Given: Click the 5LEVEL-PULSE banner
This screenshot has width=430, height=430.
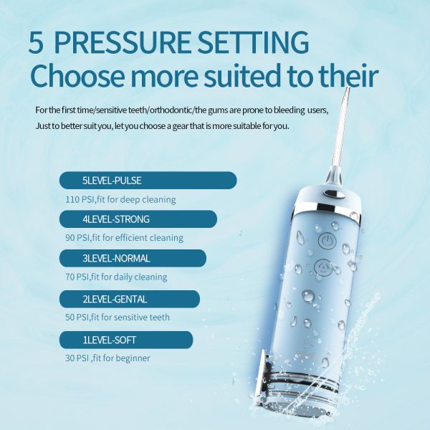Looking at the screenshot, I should pos(148,180).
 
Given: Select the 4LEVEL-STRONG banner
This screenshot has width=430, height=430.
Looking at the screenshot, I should pos(138,219).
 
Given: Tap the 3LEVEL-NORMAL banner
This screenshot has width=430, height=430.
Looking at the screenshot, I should pos(133,258).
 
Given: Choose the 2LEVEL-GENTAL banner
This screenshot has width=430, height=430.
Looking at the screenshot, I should pos(130,298).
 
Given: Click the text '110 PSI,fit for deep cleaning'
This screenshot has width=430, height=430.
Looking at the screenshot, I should pos(120,199).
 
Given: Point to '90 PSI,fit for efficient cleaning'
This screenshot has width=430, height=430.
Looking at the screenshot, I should pos(124,238).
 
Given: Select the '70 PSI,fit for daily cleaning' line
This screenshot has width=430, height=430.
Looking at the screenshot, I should pos(116,277).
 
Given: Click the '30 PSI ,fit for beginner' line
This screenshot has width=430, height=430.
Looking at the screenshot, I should pos(107,358).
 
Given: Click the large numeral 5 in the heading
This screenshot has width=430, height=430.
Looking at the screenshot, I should pos(36,42).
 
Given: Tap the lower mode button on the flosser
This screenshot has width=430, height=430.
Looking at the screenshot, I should pos(322,269).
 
